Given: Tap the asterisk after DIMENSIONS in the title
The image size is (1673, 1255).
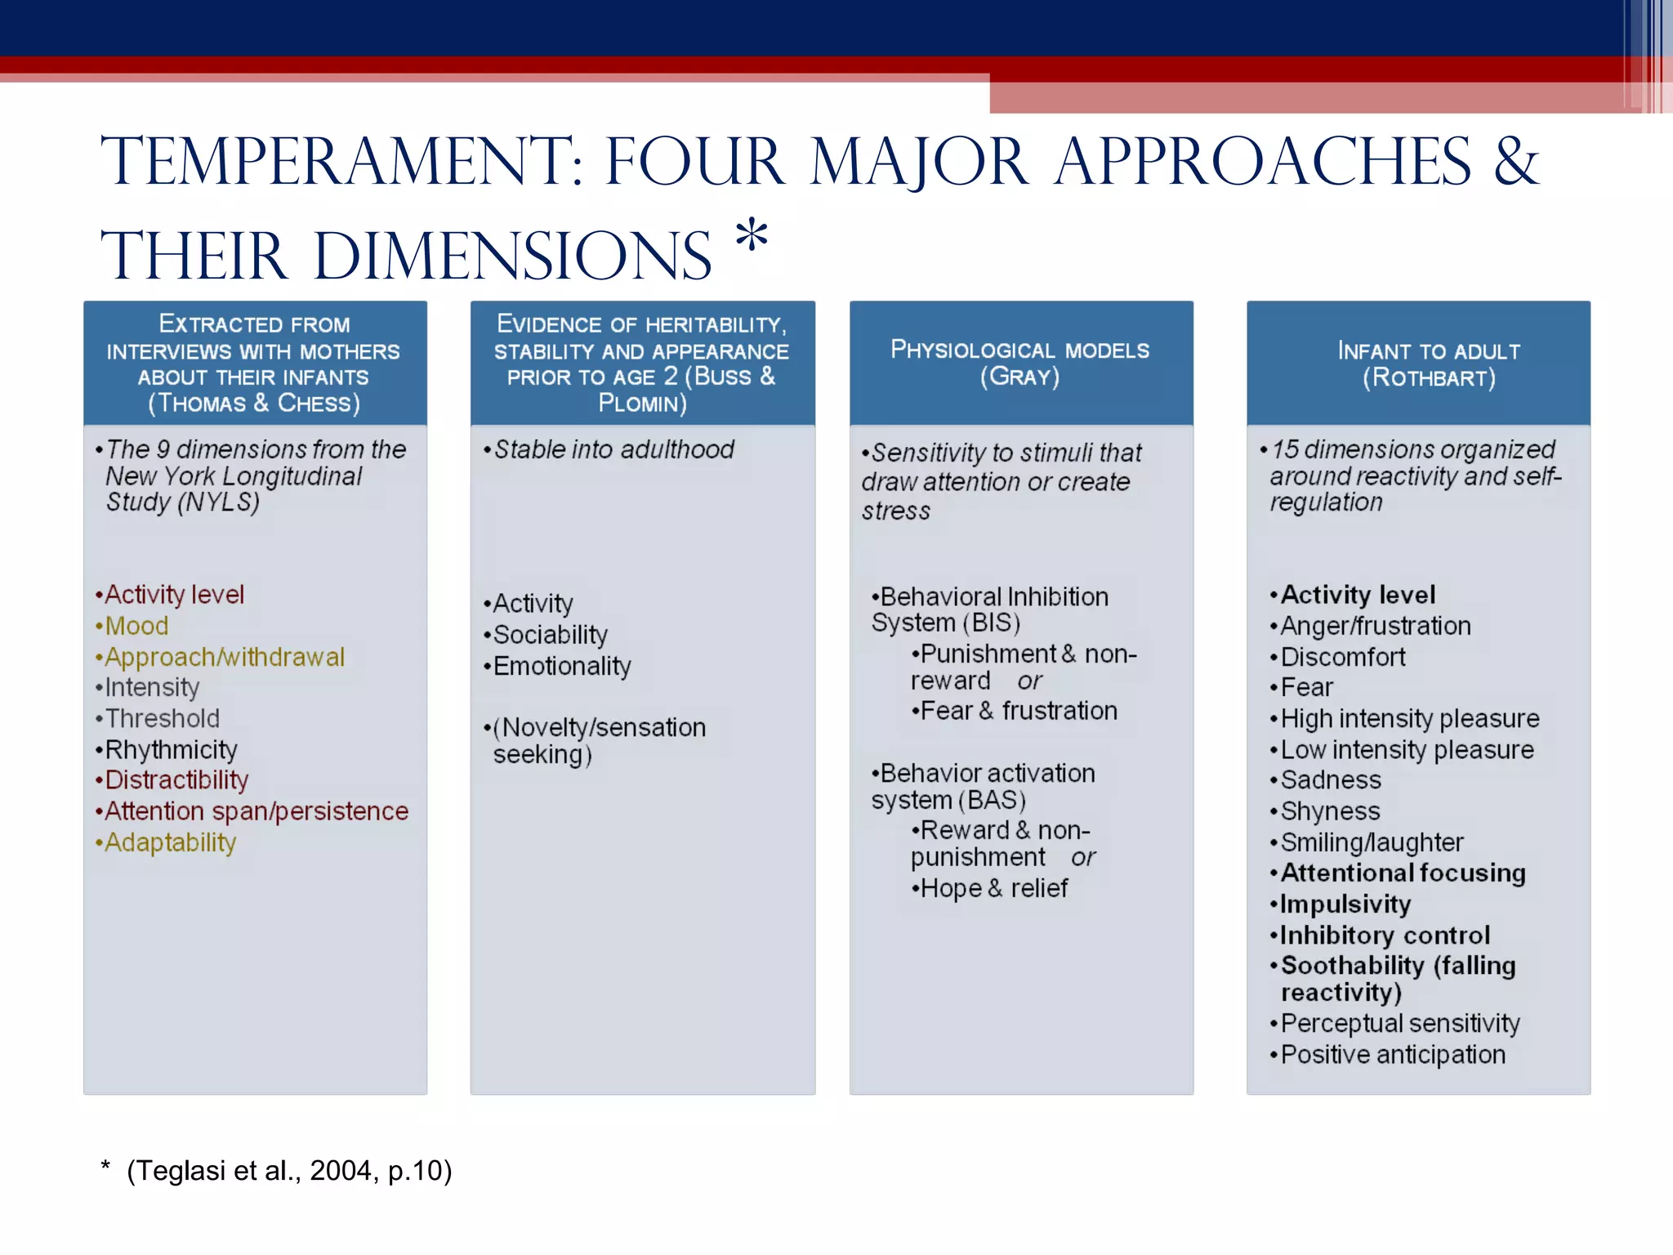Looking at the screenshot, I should click(751, 238).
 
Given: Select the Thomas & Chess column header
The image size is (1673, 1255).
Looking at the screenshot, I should click(254, 363).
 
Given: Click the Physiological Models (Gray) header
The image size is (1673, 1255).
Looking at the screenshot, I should click(1020, 363).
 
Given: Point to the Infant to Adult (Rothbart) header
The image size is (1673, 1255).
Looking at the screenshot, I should click(1428, 364).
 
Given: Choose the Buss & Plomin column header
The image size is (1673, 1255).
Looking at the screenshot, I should click(642, 363).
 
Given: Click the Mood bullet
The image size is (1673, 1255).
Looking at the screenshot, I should click(136, 626).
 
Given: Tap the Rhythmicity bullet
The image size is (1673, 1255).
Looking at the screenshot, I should click(171, 749).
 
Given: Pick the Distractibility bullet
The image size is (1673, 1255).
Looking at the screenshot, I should click(176, 780).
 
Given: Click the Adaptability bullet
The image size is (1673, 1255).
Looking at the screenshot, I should click(170, 842).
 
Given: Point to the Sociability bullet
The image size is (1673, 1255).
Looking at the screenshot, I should click(550, 635).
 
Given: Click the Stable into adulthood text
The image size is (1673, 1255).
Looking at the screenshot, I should click(613, 449).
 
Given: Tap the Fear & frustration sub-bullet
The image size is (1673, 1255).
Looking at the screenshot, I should click(1018, 711).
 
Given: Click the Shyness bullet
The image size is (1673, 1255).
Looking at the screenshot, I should click(1330, 811).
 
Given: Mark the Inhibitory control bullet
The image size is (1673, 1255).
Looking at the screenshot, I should click(1385, 935).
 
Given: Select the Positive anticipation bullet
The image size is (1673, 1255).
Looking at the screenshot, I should click(1392, 1055).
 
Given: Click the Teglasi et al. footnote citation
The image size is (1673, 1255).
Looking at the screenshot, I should click(288, 1171).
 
